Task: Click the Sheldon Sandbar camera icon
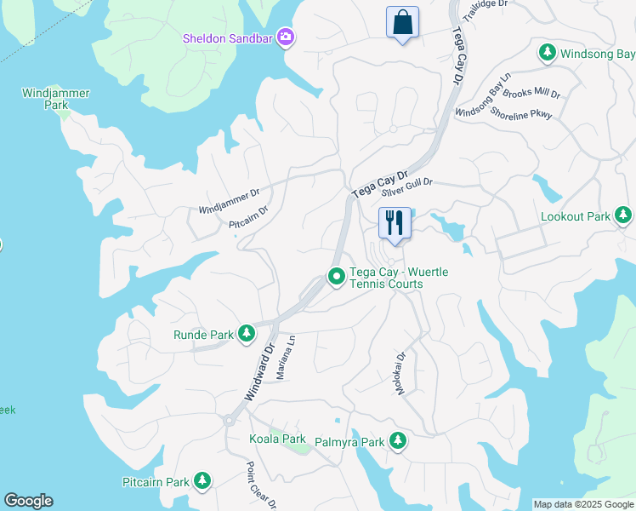click(x=287, y=37)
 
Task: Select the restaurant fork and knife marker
click(x=395, y=223)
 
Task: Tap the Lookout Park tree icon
click(x=624, y=216)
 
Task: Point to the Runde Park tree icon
click(x=247, y=334)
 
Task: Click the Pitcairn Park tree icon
click(x=202, y=481)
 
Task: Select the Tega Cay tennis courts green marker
click(x=336, y=277)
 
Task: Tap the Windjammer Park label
click(x=56, y=99)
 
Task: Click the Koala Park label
click(x=277, y=439)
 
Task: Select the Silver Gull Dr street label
click(x=407, y=188)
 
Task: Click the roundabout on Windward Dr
click(x=229, y=420)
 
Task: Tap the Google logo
click(x=28, y=501)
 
